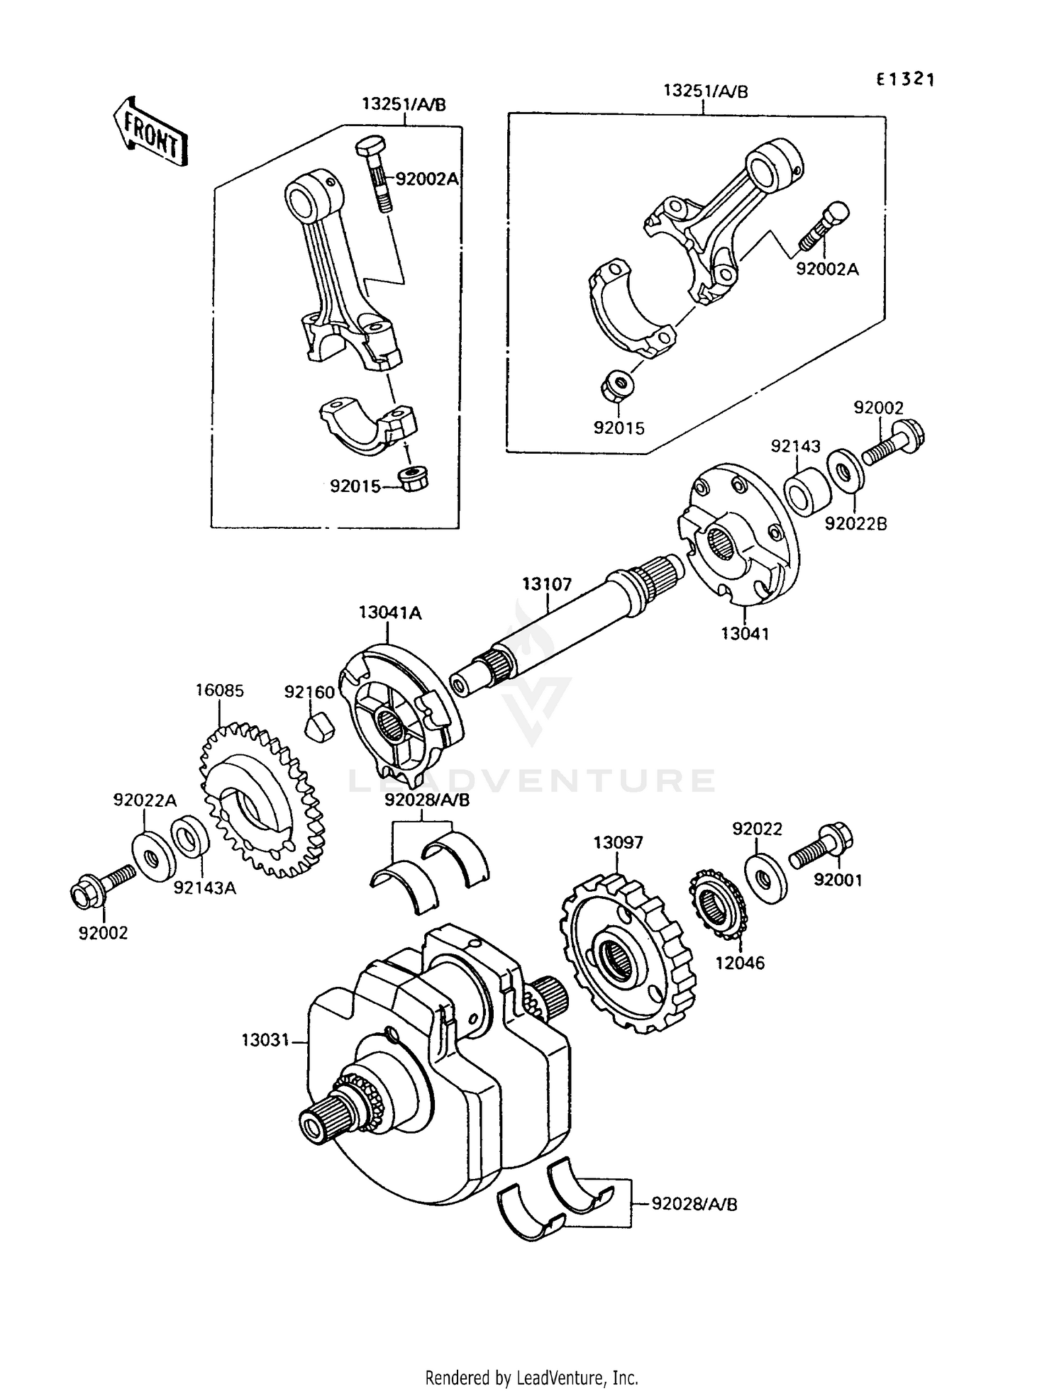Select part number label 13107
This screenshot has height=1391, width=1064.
pos(547,584)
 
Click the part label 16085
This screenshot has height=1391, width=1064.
pos(220,690)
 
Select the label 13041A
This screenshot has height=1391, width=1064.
pos(390,613)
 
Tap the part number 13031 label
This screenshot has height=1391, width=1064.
pos(265,1040)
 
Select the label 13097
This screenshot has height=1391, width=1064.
pos(619,842)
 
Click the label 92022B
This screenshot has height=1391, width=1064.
pos(855,524)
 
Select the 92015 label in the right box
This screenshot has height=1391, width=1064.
pos(619,428)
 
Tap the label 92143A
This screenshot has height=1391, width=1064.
pos(205,887)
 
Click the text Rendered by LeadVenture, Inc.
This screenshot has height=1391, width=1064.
pos(531,1378)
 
